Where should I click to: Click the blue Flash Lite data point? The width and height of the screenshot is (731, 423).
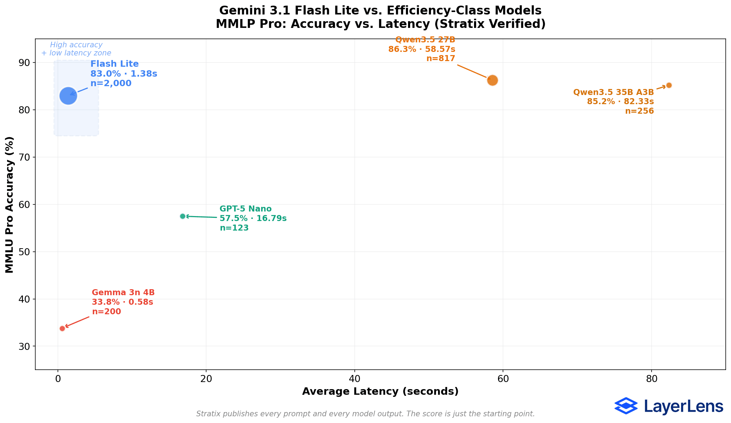click(x=68, y=96)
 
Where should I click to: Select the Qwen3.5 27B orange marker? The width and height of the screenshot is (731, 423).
click(x=492, y=81)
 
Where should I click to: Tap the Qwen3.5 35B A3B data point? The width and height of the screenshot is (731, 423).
click(x=669, y=85)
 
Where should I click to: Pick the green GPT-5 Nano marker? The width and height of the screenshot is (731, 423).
click(x=182, y=216)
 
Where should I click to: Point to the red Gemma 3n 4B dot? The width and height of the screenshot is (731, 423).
click(x=62, y=328)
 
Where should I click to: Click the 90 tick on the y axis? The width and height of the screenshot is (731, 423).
click(x=25, y=63)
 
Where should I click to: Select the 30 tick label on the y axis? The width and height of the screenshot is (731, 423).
click(x=25, y=346)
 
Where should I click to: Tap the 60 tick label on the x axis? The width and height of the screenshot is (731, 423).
click(x=503, y=379)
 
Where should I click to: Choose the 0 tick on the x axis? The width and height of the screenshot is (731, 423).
click(x=58, y=379)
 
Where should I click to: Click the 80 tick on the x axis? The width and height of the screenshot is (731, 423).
click(x=651, y=379)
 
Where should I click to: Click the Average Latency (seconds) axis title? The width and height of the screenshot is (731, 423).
click(x=380, y=392)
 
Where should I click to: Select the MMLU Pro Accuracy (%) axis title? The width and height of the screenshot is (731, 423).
click(x=10, y=205)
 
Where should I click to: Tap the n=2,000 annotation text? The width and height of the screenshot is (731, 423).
click(x=111, y=84)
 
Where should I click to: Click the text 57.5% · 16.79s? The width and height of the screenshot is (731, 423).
click(x=253, y=219)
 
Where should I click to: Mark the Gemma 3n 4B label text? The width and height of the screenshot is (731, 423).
click(x=123, y=293)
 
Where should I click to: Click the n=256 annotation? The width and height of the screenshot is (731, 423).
click(x=639, y=111)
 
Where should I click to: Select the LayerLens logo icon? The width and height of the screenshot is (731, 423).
click(x=626, y=406)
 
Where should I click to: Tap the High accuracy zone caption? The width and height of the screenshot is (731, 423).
click(x=76, y=49)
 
